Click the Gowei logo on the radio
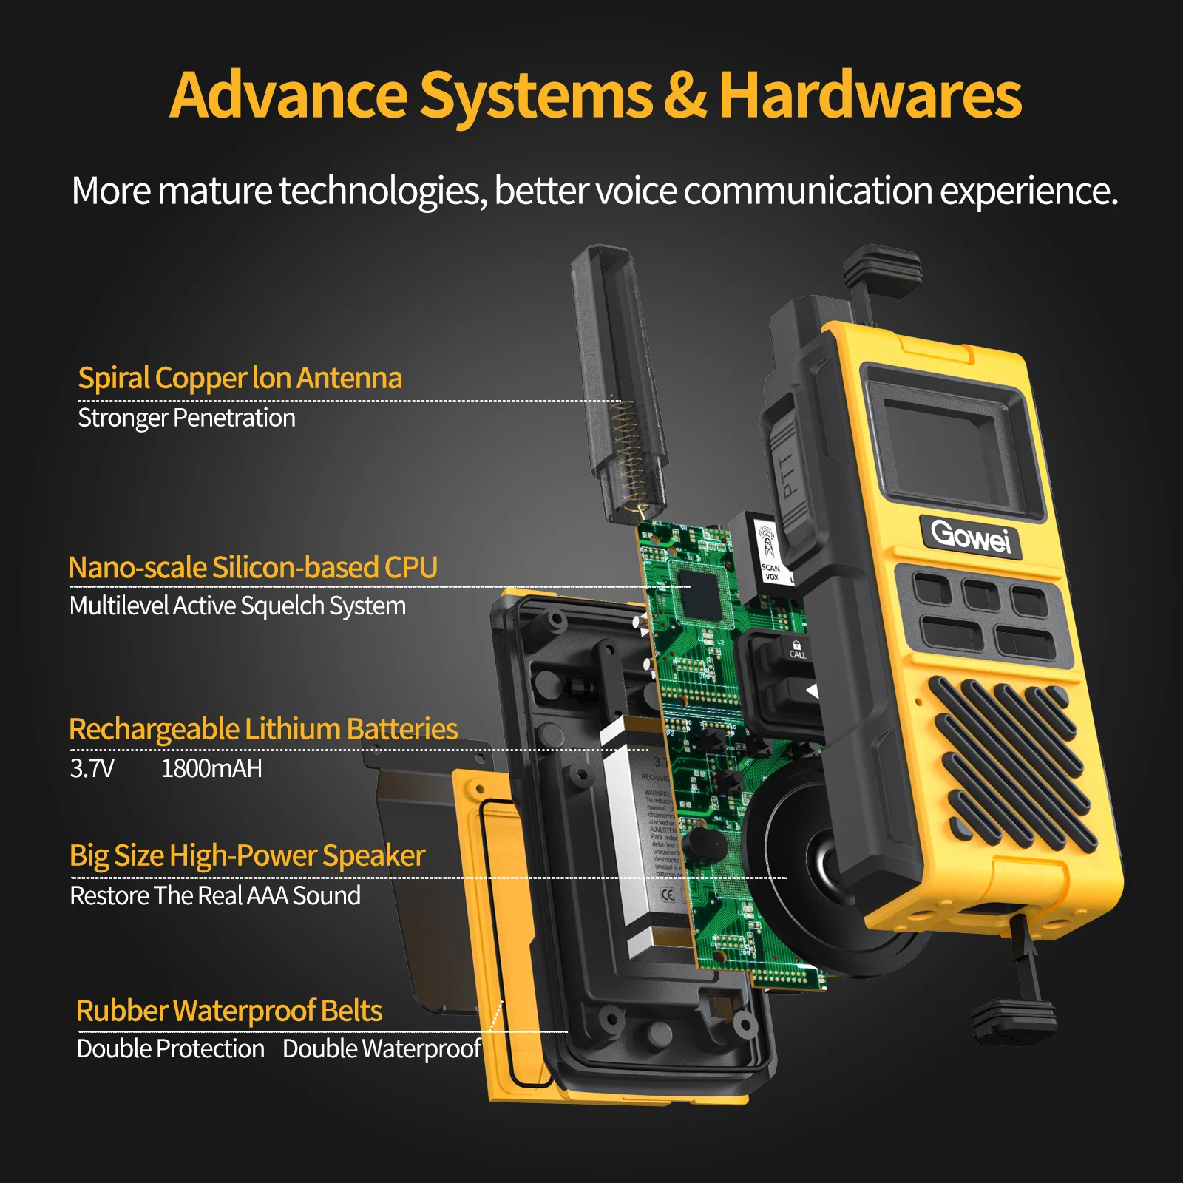point(970,535)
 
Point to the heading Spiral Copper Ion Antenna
point(240,378)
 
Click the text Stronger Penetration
point(186,418)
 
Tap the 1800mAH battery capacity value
point(211,768)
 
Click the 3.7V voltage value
point(92,768)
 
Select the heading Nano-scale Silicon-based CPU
point(253,567)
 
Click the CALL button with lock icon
point(796,650)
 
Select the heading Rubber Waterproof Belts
point(229,1011)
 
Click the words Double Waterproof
point(382,1049)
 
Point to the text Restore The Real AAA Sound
point(215,895)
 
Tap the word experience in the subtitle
point(1028,191)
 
